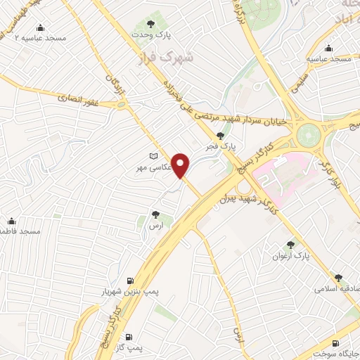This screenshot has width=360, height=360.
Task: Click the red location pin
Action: pyautogui.click(x=181, y=165)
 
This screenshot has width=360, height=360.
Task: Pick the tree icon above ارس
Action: pyautogui.click(x=155, y=214)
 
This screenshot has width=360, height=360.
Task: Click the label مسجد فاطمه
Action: pyautogui.click(x=21, y=231)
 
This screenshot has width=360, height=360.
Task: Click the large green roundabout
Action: pyautogui.click(x=309, y=134)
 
